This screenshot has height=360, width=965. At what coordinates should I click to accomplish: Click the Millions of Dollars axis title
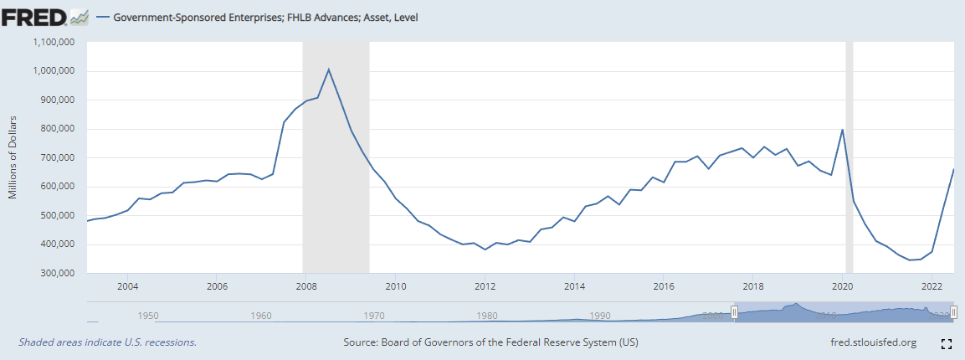pyautogui.click(x=13, y=157)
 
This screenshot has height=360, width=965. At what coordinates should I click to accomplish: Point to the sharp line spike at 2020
pyautogui.click(x=842, y=130)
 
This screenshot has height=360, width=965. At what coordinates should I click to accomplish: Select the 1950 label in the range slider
pyautogui.click(x=148, y=316)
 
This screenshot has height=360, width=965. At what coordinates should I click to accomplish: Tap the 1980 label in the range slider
pyautogui.click(x=486, y=316)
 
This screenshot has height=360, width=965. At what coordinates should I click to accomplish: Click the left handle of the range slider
pyautogui.click(x=734, y=312)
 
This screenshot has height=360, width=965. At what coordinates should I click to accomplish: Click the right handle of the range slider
pyautogui.click(x=952, y=312)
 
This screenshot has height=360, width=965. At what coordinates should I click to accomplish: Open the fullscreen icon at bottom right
pyautogui.click(x=947, y=343)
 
